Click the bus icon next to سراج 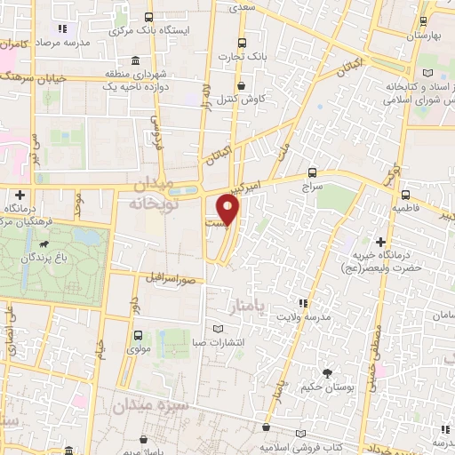311,172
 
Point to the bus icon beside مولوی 138,336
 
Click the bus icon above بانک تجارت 241,42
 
